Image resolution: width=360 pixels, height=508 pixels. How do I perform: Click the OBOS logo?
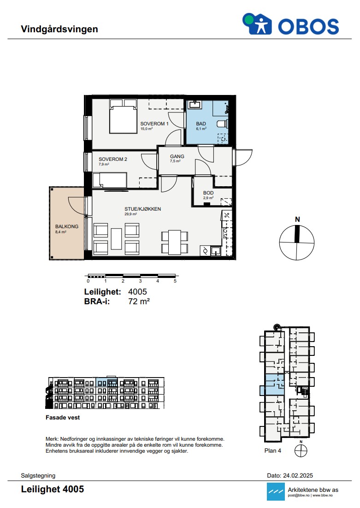click(x=291, y=24)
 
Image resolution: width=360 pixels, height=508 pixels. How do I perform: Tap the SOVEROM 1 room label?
click(x=154, y=124)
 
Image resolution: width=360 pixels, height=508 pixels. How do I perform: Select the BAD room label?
click(x=201, y=124)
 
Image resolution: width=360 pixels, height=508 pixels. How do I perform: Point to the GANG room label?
click(x=177, y=156)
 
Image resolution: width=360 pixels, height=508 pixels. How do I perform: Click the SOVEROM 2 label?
click(x=113, y=159)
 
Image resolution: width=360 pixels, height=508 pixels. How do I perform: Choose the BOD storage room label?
click(x=208, y=193)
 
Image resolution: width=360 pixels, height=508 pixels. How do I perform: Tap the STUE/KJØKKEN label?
click(x=142, y=209)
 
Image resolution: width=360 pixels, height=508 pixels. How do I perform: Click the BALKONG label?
click(x=67, y=226)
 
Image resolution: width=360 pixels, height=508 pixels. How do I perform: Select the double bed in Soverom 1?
click(x=123, y=116)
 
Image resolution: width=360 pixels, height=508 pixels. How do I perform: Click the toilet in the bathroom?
click(x=222, y=124)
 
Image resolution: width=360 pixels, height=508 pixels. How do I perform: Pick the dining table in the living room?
click(x=175, y=242)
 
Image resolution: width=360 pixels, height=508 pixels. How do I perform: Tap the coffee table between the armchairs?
click(x=116, y=239)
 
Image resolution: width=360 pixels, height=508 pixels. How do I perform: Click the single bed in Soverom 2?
click(x=110, y=180)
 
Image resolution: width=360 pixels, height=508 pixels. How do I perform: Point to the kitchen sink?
click(x=216, y=251)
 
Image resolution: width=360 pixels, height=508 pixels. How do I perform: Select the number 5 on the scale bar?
click(x=175, y=281)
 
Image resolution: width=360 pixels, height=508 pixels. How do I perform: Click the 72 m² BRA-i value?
click(x=139, y=301)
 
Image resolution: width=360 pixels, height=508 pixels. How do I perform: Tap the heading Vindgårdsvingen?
click(x=59, y=29)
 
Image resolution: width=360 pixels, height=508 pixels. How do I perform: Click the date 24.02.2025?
click(x=298, y=476)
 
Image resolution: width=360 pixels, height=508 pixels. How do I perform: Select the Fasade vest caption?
click(x=63, y=418)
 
